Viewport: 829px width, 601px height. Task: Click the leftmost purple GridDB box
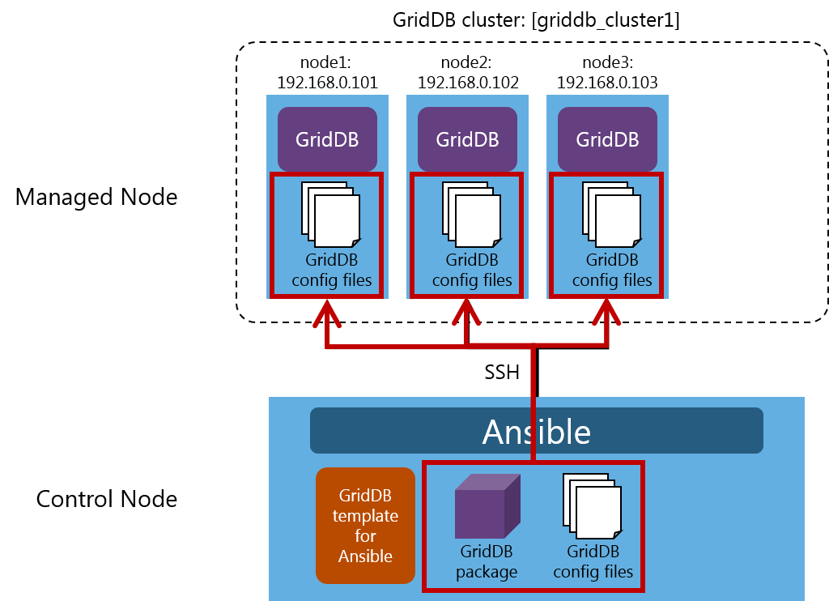pyautogui.click(x=327, y=139)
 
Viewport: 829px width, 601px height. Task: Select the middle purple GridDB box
pyautogui.click(x=467, y=139)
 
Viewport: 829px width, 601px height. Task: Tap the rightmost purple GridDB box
pyautogui.click(x=607, y=139)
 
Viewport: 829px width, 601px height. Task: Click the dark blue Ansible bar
pyautogui.click(x=536, y=431)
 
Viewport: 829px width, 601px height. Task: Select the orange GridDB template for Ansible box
pyautogui.click(x=365, y=526)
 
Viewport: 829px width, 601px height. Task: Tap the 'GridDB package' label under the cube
pyautogui.click(x=487, y=562)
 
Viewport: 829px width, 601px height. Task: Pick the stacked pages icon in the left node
pyautogui.click(x=330, y=214)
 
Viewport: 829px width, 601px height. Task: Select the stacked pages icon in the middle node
pyautogui.click(x=471, y=214)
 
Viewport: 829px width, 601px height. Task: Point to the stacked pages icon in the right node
pyautogui.click(x=611, y=214)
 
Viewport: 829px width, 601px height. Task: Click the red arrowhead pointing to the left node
pyautogui.click(x=326, y=313)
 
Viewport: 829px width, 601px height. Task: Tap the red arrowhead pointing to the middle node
pyautogui.click(x=466, y=313)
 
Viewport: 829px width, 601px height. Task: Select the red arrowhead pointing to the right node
pyautogui.click(x=607, y=313)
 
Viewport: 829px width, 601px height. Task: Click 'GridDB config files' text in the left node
pyautogui.click(x=331, y=271)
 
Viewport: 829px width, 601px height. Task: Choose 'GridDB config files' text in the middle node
pyautogui.click(x=472, y=271)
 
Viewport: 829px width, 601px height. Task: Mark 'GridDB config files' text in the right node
pyautogui.click(x=612, y=271)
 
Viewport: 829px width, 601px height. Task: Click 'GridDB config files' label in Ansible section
pyautogui.click(x=593, y=562)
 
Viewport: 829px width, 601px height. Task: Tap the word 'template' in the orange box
pyautogui.click(x=365, y=516)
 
